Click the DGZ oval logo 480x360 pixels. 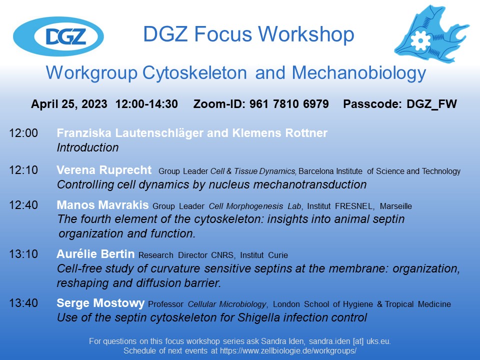click(x=58, y=36)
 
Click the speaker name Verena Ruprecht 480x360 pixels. click(x=104, y=170)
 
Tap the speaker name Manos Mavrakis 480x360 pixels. click(x=102, y=205)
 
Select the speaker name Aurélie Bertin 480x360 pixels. click(x=95, y=255)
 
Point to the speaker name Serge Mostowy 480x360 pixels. click(x=101, y=303)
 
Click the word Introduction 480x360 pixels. click(x=87, y=148)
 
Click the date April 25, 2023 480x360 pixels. click(x=69, y=104)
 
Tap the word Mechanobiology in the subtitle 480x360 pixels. click(x=358, y=73)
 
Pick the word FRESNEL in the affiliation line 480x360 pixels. click(x=351, y=206)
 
